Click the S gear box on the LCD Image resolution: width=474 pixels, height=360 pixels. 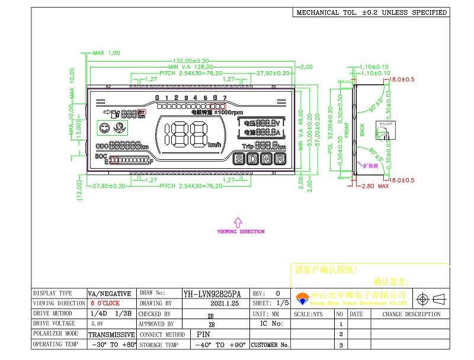[x=239, y=159]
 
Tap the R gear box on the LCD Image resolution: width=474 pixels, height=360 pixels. [x=280, y=159]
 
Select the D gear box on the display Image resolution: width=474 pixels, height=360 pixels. [x=253, y=159]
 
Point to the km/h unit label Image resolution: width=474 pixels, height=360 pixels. [x=214, y=145]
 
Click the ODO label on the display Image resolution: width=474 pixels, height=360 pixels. [x=101, y=146]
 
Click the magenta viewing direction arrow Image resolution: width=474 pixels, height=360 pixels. [x=238, y=221]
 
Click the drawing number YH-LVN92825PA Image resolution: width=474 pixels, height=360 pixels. [x=212, y=294]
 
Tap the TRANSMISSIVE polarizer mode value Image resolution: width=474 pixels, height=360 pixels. [x=112, y=335]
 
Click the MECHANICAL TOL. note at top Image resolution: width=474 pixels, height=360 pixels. [x=371, y=12]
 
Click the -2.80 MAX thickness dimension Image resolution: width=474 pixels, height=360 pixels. [x=374, y=186]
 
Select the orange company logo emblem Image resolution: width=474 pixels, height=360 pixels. [x=302, y=297]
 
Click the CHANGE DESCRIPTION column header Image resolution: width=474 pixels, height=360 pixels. [x=411, y=314]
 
